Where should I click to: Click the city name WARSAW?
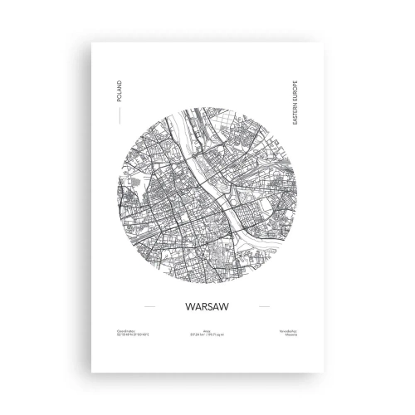[207, 305]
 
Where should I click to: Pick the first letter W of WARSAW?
[182, 305]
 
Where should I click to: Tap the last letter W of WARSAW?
[233, 305]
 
